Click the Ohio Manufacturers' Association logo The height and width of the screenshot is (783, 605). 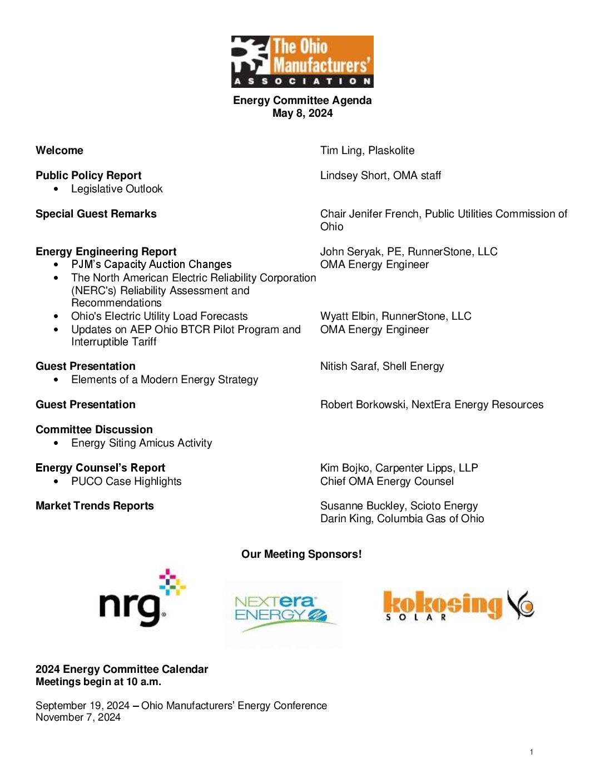pyautogui.click(x=302, y=62)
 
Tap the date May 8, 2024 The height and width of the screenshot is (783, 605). pyautogui.click(x=302, y=113)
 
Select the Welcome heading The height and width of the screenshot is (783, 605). pyautogui.click(x=59, y=151)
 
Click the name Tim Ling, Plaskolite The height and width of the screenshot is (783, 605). pyautogui.click(x=367, y=151)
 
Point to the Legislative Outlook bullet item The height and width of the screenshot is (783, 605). pyautogui.click(x=117, y=189)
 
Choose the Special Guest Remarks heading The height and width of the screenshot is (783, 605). pyautogui.click(x=96, y=214)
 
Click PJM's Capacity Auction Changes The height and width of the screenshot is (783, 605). pyautogui.click(x=151, y=265)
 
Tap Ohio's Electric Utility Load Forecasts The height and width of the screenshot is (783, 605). pyautogui.click(x=159, y=316)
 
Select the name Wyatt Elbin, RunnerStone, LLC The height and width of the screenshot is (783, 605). pyautogui.click(x=395, y=316)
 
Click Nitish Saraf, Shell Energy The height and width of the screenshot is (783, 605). pyautogui.click(x=382, y=366)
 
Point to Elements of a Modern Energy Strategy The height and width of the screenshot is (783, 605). pyautogui.click(x=165, y=380)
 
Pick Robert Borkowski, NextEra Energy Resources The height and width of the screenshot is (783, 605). pyautogui.click(x=432, y=405)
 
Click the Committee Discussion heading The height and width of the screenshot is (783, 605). pyautogui.click(x=94, y=430)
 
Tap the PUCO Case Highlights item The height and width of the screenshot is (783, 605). pyautogui.click(x=126, y=482)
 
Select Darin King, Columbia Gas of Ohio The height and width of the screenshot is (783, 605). pyautogui.click(x=402, y=519)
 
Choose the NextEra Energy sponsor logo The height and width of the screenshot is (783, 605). pyautogui.click(x=284, y=613)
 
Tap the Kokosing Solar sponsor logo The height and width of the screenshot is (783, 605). pyautogui.click(x=458, y=605)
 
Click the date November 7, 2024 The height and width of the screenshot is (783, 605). pyautogui.click(x=78, y=717)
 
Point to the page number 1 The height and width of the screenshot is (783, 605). pyautogui.click(x=532, y=752)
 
